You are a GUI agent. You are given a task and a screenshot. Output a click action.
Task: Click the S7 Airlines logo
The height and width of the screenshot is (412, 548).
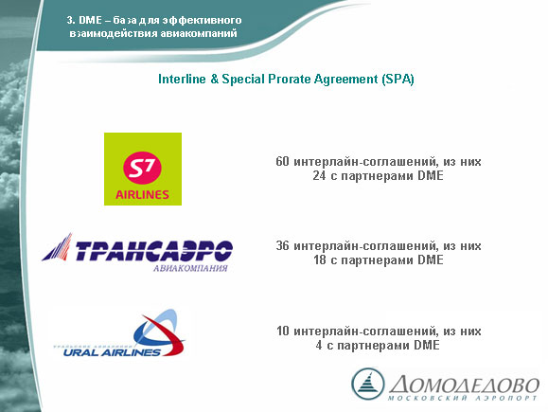[x=143, y=169]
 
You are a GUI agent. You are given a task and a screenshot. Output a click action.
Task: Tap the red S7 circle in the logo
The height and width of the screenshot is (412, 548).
[x=142, y=168]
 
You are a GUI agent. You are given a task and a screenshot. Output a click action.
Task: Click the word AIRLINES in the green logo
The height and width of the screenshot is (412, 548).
[x=142, y=194]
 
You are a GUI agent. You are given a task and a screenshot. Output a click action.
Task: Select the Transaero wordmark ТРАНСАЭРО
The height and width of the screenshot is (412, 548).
[x=153, y=251]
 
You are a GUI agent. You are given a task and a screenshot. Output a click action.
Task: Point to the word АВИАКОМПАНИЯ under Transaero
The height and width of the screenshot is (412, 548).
[x=190, y=268]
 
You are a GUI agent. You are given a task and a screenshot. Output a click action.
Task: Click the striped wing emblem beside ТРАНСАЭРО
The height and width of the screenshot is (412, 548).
[x=58, y=247]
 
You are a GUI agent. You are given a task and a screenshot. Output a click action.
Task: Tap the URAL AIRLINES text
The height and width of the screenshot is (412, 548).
[x=112, y=351]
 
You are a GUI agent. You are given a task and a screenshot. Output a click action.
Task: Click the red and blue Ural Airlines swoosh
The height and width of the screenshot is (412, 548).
[x=160, y=332]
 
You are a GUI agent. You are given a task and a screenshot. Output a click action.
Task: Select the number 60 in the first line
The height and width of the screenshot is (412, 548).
[x=282, y=162]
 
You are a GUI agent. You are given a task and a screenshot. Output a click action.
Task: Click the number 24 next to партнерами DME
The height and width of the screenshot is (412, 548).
[x=320, y=175]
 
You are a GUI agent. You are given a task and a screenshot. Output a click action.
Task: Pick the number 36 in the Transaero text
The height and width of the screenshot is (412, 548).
[x=282, y=246]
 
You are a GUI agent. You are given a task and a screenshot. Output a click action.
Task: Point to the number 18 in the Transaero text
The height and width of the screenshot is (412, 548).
[x=320, y=260]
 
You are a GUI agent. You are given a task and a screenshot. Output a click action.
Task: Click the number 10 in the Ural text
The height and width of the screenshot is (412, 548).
[x=283, y=331]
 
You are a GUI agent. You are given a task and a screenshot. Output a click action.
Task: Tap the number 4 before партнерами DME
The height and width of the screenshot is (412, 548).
[x=319, y=345]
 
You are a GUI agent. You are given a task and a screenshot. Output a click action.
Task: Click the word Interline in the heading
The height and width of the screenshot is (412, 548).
[x=182, y=79]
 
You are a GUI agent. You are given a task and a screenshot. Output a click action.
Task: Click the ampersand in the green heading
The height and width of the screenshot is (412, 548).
[x=214, y=79]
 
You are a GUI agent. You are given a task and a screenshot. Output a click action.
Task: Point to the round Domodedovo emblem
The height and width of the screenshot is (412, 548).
[x=367, y=384]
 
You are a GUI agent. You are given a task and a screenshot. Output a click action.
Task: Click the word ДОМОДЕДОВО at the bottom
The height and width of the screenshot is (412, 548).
[x=464, y=384]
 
